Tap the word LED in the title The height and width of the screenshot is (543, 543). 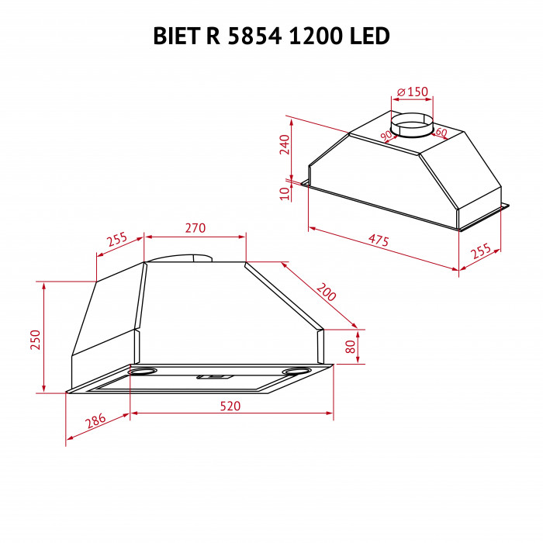[366, 36]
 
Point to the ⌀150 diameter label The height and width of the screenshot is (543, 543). [412, 92]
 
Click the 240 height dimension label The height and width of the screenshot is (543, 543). [284, 144]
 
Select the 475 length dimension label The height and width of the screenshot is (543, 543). [378, 241]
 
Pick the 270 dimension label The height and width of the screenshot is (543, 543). [195, 228]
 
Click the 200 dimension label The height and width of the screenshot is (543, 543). [326, 292]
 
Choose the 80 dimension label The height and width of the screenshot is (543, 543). [350, 346]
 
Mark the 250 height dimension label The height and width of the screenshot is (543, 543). [34, 339]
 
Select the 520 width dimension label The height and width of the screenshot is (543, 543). [230, 406]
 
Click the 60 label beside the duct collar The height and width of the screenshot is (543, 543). [441, 133]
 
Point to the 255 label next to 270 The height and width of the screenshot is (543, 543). [117, 240]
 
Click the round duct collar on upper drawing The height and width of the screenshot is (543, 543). [411, 124]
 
